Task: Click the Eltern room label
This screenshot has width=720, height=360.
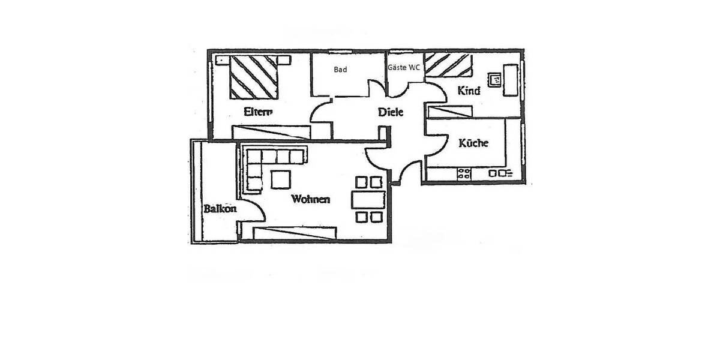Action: pos(259,111)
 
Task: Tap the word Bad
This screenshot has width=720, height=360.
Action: pos(340,70)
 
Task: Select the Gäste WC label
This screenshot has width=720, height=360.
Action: pos(404,68)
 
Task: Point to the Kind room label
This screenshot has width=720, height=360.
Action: pos(469,91)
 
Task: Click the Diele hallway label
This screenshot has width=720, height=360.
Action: pos(390,112)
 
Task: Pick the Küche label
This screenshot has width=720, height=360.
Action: pos(473,143)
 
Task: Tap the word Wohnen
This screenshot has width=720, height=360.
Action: pos(310,199)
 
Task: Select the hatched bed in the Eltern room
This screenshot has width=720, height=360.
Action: pos(254,77)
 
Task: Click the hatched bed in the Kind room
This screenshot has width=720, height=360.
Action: pos(449,65)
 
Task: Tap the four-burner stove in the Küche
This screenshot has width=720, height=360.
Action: pos(464,174)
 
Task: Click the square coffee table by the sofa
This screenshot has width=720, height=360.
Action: pos(281,179)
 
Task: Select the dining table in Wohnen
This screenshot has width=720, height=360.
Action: pos(368,199)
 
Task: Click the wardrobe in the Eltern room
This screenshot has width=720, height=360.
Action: pos(271,132)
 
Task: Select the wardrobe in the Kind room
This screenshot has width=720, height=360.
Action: pos(449,111)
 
